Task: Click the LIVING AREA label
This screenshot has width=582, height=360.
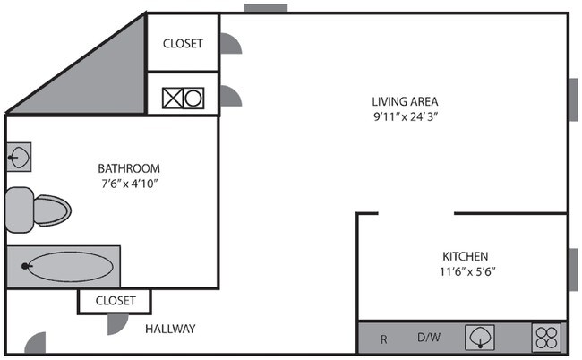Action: tap(406, 100)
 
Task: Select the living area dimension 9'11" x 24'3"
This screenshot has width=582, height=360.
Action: tap(406, 116)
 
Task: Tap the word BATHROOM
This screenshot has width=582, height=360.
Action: tap(129, 167)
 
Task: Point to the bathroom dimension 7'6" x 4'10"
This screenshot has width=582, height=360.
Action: tap(129, 184)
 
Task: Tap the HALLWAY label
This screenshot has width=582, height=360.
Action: tap(170, 329)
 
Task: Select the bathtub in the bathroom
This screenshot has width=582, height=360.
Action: tap(67, 266)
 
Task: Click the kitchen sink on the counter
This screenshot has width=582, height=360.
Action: tap(480, 339)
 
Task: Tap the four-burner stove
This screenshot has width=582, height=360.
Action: tap(546, 338)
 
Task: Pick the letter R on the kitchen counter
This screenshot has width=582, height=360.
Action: tap(383, 339)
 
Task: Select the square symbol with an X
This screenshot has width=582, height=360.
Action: tap(172, 99)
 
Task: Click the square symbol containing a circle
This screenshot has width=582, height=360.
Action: tap(194, 99)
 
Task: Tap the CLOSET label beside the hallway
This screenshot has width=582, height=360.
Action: tap(115, 301)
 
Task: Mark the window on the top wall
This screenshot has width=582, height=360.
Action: tap(266, 9)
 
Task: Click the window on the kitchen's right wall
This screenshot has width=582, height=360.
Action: tap(573, 266)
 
